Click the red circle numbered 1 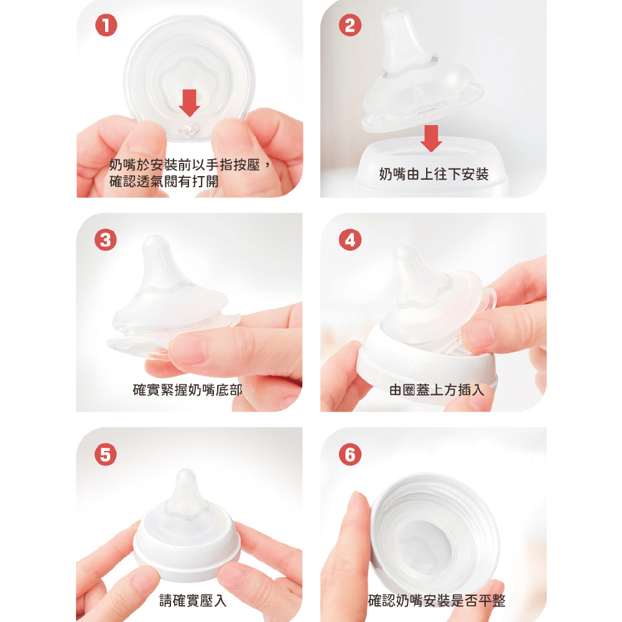106,26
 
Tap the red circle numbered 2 350,26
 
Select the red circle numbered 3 106,239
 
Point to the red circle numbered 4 350,239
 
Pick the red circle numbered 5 106,454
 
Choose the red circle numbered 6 350,454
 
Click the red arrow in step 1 190,103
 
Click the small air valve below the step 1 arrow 189,129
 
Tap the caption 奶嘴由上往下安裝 434,174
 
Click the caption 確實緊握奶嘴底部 188,389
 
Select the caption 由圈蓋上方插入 437,389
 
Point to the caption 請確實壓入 193,600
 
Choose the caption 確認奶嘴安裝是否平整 437,600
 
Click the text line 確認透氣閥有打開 164,181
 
